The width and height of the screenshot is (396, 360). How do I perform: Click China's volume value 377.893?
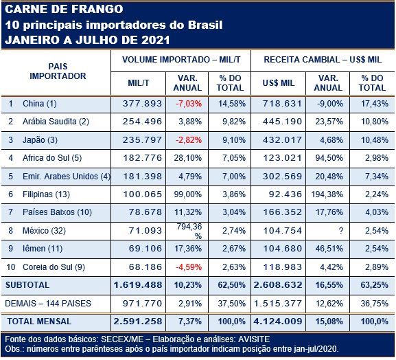pos(142,104)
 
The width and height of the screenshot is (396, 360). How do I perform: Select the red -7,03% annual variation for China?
pos(189,104)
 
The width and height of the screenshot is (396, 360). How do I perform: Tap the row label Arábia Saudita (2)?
pos(56,122)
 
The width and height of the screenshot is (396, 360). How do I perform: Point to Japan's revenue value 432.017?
pos(282,140)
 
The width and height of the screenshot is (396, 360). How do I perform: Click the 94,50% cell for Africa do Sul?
pos(329,158)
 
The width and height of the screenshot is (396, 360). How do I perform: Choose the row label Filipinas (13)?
pos(46,194)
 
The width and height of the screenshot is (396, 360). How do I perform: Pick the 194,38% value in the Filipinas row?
pos(327,194)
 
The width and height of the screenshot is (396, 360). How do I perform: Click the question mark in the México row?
pos(340,231)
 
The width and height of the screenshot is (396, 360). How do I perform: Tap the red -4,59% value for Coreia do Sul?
pos(189,267)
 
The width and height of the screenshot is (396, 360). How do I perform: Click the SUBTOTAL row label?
pos(27,285)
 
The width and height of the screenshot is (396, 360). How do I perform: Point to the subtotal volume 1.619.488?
pos(138,285)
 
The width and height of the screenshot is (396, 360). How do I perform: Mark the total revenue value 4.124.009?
pos(278,322)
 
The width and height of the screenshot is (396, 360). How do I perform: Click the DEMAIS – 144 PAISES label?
pos(48,304)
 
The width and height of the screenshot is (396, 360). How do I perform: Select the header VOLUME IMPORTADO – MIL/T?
pos(181,60)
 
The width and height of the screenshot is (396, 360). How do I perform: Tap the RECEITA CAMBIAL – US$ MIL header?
pos(323,60)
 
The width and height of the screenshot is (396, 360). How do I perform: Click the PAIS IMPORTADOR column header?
pos(58,71)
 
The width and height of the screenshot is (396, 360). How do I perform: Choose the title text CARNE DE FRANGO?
pos(64,10)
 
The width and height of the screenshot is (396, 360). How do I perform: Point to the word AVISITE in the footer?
pos(254,339)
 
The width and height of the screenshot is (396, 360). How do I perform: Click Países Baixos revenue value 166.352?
pos(282,212)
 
